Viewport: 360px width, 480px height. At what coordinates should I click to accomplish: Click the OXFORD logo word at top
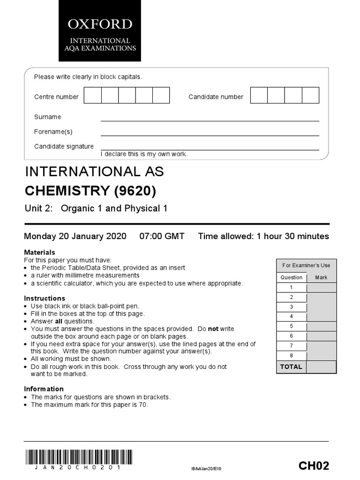(99, 24)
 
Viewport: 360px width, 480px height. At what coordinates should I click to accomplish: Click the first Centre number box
(93, 95)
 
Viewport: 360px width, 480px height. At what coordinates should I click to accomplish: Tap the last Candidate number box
(310, 95)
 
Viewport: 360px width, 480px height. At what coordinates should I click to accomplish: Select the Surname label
(47, 117)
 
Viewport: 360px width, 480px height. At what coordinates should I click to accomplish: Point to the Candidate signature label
(64, 146)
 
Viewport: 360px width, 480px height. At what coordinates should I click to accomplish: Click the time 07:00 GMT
(162, 236)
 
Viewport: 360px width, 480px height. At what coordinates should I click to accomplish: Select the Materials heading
(39, 252)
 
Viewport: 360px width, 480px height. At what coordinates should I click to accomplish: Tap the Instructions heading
(45, 298)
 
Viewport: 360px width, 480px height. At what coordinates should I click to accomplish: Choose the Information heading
(44, 389)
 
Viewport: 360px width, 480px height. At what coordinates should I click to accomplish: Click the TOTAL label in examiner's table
(291, 367)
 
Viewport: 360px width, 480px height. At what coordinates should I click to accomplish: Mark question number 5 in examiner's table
(291, 326)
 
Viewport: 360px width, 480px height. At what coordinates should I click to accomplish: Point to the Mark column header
(321, 277)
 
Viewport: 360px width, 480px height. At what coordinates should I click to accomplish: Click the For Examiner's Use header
(306, 265)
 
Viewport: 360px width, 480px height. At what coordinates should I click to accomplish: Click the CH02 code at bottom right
(314, 466)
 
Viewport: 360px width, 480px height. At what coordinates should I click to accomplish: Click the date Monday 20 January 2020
(75, 236)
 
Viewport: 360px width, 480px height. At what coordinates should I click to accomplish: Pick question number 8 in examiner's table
(291, 355)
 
